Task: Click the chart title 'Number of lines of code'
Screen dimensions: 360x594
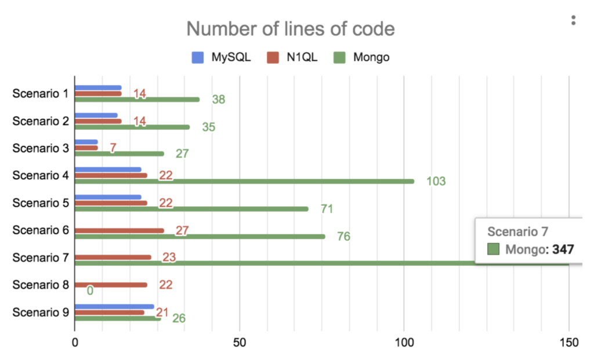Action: (x=291, y=28)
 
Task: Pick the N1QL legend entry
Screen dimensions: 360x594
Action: (x=294, y=57)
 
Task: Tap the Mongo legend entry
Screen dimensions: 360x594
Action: (x=363, y=57)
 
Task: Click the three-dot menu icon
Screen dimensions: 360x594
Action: (x=573, y=20)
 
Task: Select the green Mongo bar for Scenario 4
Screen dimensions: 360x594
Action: (x=244, y=181)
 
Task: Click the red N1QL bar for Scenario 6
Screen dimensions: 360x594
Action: (x=119, y=231)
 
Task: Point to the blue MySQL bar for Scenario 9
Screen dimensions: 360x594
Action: (x=114, y=307)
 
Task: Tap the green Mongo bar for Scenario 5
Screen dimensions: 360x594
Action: (x=191, y=209)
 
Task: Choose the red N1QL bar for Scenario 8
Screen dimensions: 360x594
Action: (x=110, y=285)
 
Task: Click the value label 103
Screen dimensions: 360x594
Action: (x=436, y=181)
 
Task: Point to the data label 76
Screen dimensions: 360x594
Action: (x=344, y=237)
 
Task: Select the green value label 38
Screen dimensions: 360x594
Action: (x=219, y=99)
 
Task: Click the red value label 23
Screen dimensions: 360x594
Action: (x=169, y=257)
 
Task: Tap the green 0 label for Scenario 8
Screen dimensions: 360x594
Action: (x=90, y=290)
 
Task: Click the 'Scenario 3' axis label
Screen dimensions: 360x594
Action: (x=41, y=148)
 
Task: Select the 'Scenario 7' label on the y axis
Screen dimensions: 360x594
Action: (x=41, y=257)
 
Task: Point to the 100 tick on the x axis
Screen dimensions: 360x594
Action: (x=404, y=343)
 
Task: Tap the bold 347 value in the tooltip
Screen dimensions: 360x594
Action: (x=562, y=250)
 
